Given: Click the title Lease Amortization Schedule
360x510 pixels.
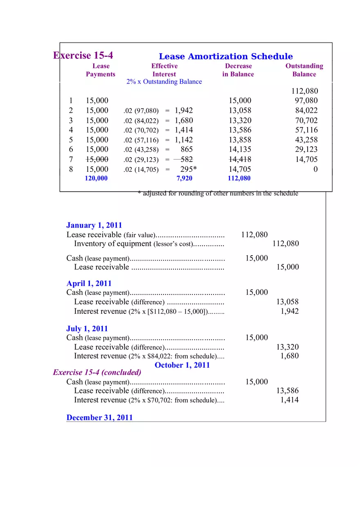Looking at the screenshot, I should pyautogui.click(x=226, y=56).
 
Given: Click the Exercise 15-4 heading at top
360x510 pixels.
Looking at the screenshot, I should pyautogui.click(x=83, y=55).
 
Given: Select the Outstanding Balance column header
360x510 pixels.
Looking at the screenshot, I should pyautogui.click(x=304, y=70).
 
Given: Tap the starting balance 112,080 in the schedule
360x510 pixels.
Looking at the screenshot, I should pyautogui.click(x=304, y=91).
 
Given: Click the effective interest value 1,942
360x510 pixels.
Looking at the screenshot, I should pyautogui.click(x=184, y=110).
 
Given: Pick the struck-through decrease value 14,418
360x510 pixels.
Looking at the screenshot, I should pyautogui.click(x=240, y=160).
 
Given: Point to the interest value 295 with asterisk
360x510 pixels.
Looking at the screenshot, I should pyautogui.click(x=189, y=169).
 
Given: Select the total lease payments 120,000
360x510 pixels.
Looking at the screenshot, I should pyautogui.click(x=96, y=178).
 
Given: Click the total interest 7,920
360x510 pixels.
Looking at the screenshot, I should pyautogui.click(x=184, y=178).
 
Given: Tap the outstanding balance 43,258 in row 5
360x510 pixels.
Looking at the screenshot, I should pyautogui.click(x=306, y=140).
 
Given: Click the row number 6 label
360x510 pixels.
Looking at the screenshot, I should pyautogui.click(x=71, y=150).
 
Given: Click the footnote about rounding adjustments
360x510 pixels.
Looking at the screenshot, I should pyautogui.click(x=218, y=193).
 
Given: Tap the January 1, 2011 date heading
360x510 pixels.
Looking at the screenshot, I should pyautogui.click(x=94, y=225).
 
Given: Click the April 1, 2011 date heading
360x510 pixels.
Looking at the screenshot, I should pyautogui.click(x=89, y=283).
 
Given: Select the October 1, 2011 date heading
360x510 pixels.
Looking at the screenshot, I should pyautogui.click(x=182, y=365).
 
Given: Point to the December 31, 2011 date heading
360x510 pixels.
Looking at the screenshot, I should pyautogui.click(x=99, y=418).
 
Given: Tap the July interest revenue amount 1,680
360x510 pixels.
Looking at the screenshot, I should pyautogui.click(x=289, y=356).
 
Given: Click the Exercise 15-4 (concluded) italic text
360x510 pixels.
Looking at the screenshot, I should pyautogui.click(x=97, y=372).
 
